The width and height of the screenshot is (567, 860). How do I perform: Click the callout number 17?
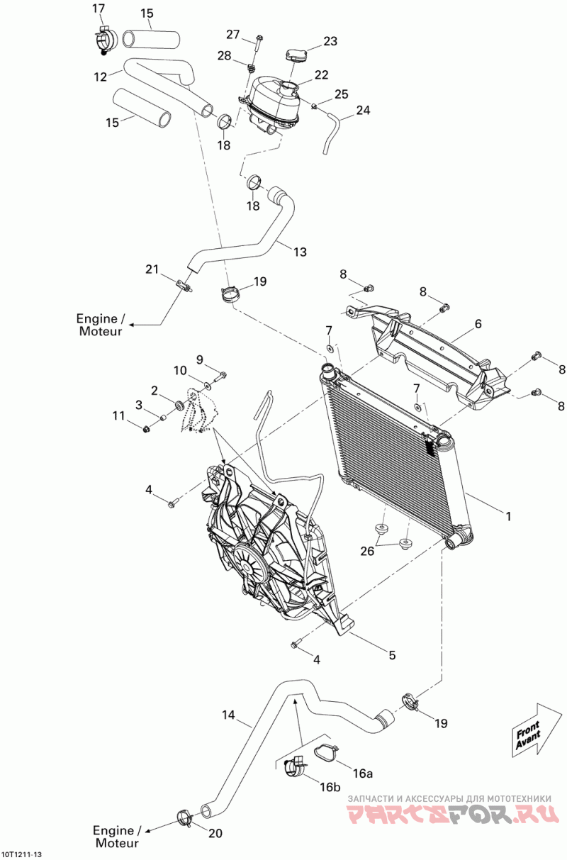click(x=98, y=8)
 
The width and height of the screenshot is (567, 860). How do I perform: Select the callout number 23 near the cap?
click(x=330, y=41)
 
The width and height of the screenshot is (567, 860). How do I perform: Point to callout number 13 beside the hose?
click(x=300, y=251)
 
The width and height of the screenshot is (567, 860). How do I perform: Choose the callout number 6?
click(x=478, y=323)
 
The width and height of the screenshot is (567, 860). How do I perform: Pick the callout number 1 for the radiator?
click(x=507, y=516)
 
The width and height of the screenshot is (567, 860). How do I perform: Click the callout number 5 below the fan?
click(x=392, y=655)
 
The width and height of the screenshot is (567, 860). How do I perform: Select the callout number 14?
click(x=228, y=715)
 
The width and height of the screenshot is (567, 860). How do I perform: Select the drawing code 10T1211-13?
click(x=26, y=854)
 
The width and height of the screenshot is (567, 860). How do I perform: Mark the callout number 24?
click(x=363, y=110)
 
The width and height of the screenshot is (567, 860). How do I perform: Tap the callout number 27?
click(x=234, y=35)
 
